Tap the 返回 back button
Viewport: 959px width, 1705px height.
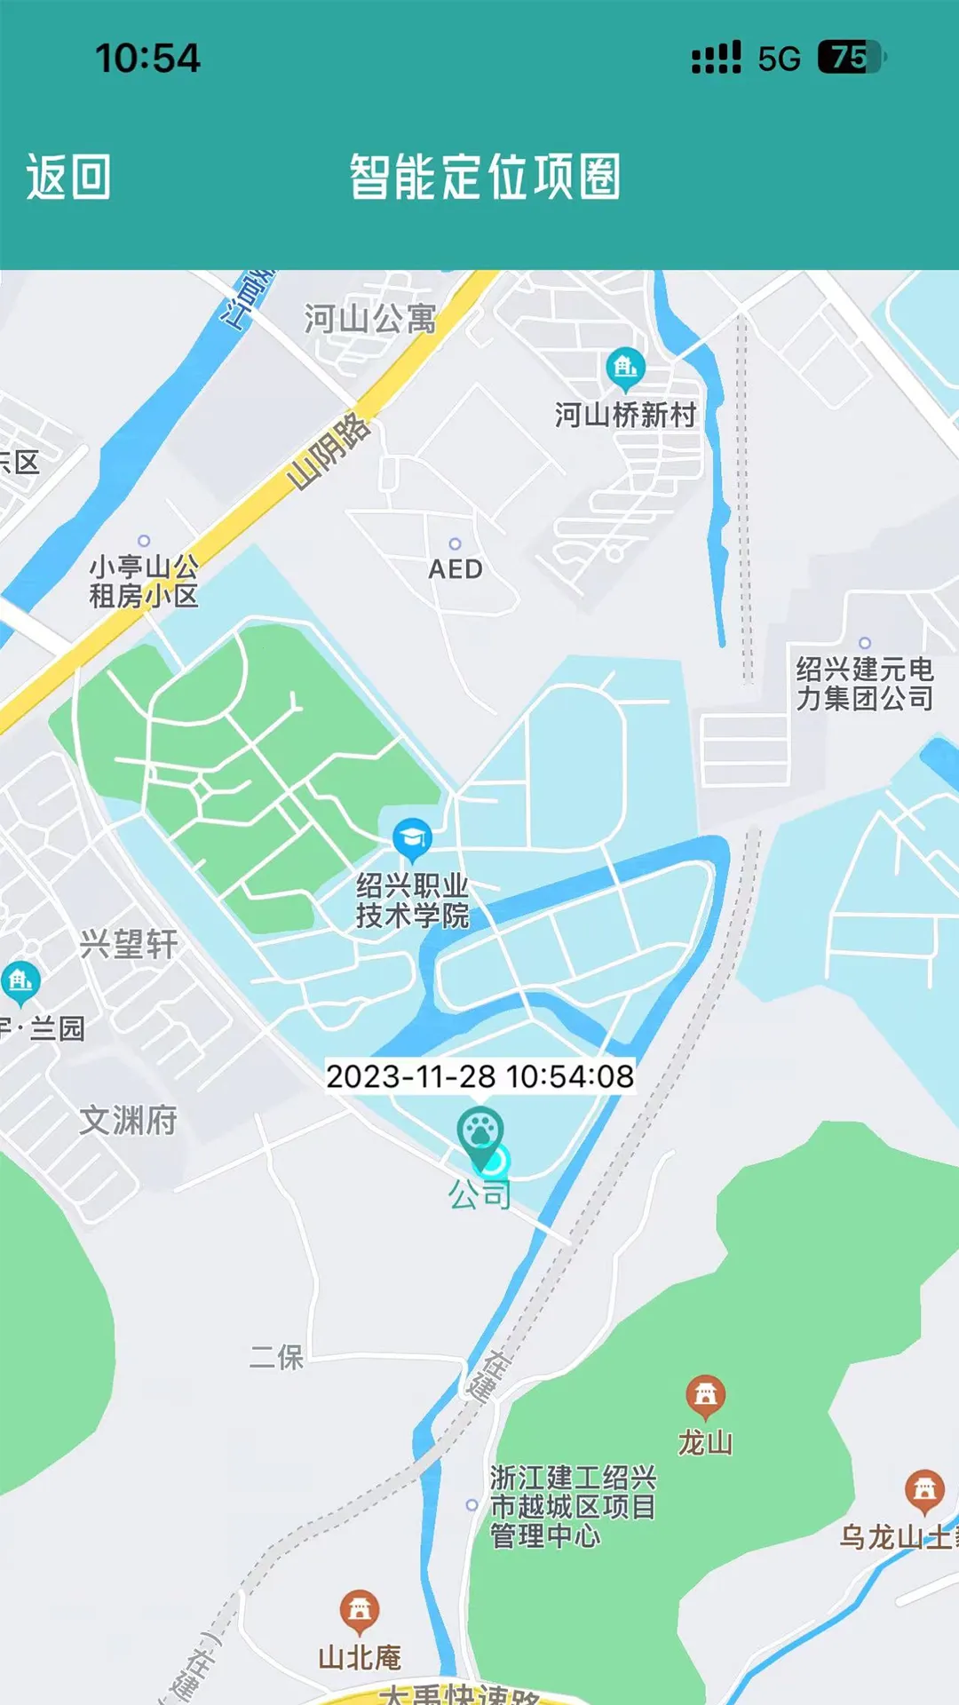coord(68,177)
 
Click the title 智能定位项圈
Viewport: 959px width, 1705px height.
coord(484,177)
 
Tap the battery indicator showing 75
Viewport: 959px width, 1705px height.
coord(850,58)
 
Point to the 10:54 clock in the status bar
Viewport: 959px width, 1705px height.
coord(147,59)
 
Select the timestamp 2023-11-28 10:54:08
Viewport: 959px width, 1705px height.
coord(479,1076)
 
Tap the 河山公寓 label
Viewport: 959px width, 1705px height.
coord(370,318)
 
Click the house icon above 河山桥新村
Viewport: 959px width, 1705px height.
coord(625,367)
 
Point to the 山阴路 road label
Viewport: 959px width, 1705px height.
coord(329,451)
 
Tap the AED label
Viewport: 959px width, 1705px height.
coord(456,568)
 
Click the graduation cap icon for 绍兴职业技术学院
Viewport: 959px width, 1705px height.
coord(412,837)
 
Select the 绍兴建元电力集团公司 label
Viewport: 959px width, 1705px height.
coord(864,683)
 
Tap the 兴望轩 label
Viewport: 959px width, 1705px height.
coord(129,944)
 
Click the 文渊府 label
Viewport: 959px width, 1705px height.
coord(129,1120)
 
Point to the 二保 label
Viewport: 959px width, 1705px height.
coord(277,1357)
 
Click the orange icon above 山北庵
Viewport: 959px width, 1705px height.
coord(359,1609)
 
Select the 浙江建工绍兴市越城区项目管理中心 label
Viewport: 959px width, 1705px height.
coord(573,1506)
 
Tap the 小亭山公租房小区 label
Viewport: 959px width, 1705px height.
coord(144,581)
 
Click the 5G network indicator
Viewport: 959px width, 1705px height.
coord(779,59)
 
